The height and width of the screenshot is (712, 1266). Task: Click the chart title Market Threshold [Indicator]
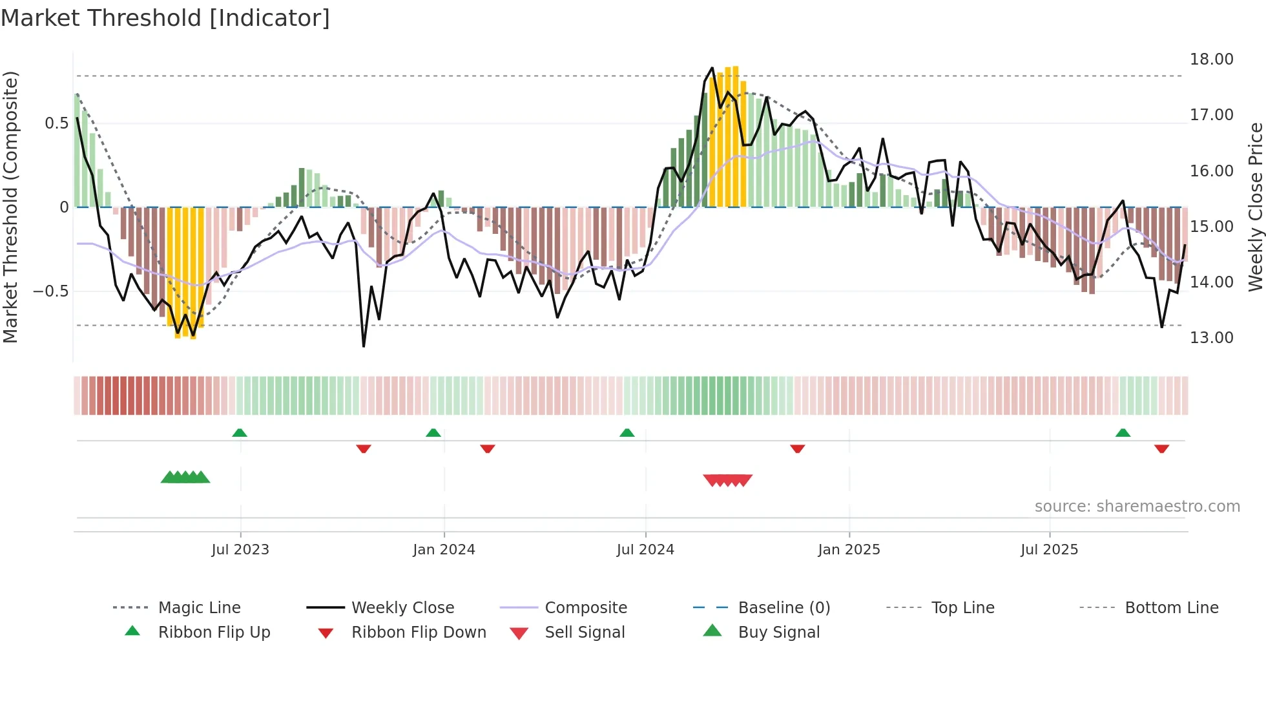[165, 18]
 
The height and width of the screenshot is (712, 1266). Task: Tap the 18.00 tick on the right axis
[1211, 59]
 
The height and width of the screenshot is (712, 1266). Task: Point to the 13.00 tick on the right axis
[1211, 338]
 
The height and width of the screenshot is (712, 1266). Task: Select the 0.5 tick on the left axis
[56, 123]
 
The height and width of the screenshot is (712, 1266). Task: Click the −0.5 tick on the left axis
[51, 291]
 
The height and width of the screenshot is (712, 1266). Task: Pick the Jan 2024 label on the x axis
[444, 550]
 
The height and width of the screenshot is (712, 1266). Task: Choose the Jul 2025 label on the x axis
[1049, 550]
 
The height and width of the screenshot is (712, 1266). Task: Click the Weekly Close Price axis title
[1255, 207]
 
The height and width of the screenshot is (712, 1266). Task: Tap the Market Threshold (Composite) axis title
[10, 207]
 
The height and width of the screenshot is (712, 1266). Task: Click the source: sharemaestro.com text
[1137, 507]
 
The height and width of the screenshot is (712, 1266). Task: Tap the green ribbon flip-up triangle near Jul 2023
[240, 433]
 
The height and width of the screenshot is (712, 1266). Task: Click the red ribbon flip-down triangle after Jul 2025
[1161, 448]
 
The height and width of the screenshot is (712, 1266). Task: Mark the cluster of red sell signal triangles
[728, 480]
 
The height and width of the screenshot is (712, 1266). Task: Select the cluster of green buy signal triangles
[185, 477]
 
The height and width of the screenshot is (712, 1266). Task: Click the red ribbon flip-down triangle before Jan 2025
[797, 448]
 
